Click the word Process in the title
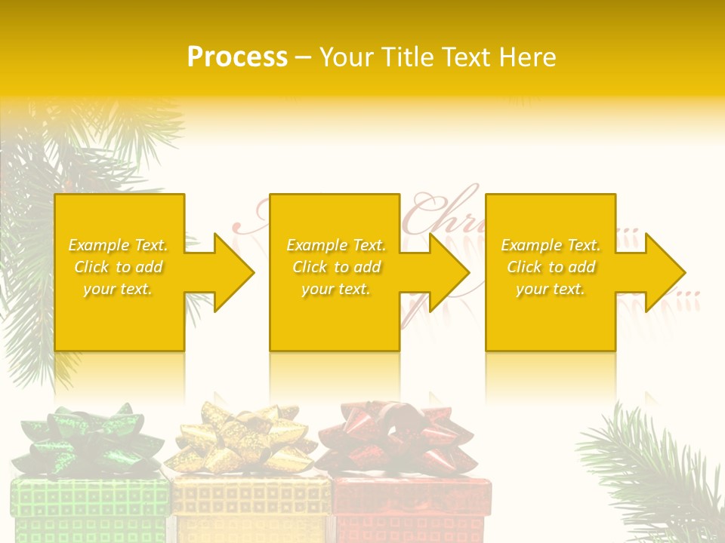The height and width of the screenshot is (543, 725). point(237,57)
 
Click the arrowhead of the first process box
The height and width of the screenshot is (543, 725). point(227,272)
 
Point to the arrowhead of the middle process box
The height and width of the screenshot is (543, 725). point(442,272)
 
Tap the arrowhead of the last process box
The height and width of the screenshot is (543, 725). point(658,272)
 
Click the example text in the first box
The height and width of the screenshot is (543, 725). point(119,267)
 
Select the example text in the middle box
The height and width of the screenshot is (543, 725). point(336,267)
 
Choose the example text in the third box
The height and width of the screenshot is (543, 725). point(551,267)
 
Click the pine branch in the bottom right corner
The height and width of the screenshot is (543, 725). point(657,475)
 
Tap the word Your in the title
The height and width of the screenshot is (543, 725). point(345,57)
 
